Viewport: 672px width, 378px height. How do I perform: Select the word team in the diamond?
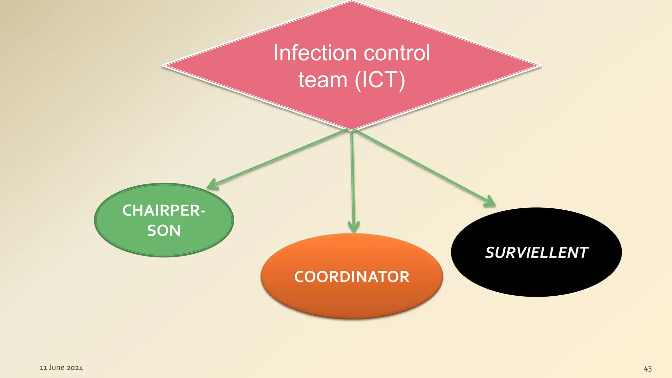pos(323,80)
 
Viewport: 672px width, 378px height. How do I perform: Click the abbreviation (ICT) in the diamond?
pos(380,80)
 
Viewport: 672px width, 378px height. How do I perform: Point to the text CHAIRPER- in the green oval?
pos(164,211)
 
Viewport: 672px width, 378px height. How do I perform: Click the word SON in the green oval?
pos(164,231)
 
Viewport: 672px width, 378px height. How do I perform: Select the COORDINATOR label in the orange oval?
pos(352,277)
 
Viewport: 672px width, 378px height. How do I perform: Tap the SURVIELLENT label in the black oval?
pos(536,253)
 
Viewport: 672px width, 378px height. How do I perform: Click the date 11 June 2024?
pos(61,368)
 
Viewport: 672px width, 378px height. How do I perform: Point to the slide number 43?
pos(648,369)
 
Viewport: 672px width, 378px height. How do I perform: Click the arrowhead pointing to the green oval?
pos(212,186)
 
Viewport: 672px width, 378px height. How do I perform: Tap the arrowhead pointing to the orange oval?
pos(353,228)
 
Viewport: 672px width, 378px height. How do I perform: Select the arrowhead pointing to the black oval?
pos(490,202)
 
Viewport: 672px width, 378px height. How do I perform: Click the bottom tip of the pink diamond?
pos(351,129)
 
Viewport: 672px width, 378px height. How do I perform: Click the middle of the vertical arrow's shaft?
pos(353,179)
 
